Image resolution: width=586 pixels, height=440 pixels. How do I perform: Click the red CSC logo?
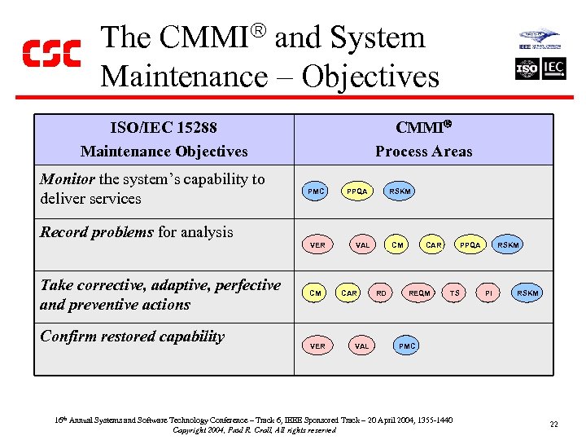coord(51,53)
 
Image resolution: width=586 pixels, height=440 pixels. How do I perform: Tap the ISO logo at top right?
coord(527,68)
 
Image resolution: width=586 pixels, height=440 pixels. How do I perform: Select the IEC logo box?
coord(553,68)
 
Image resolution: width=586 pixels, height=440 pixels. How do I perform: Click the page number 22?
coord(553,424)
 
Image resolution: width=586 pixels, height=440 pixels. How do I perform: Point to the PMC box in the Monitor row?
coord(316,191)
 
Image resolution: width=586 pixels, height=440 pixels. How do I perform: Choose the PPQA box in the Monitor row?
coord(356,191)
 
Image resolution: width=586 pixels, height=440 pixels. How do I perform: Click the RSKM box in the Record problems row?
coord(508,244)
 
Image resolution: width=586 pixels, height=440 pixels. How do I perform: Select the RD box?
coord(381,293)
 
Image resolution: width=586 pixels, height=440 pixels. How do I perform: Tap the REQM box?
coord(419,293)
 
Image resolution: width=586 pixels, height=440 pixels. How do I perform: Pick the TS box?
coord(455,293)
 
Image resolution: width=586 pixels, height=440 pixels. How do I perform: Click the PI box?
coord(488,293)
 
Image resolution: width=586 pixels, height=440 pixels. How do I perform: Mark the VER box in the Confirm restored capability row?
coord(317,346)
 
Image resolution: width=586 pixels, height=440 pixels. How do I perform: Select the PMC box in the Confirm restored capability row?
coord(407,346)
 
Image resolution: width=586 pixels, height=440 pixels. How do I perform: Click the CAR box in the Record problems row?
coord(434,244)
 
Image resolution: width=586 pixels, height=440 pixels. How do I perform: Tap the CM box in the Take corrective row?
coord(316,293)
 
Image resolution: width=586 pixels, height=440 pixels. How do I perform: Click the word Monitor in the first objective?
coord(68,179)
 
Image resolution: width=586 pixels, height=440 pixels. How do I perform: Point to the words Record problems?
coord(96,232)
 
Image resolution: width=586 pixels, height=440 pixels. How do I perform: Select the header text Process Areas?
coord(423,152)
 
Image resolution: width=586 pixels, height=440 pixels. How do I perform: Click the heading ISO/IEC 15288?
coord(164,128)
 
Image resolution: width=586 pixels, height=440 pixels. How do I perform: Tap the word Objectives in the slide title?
coord(370,77)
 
